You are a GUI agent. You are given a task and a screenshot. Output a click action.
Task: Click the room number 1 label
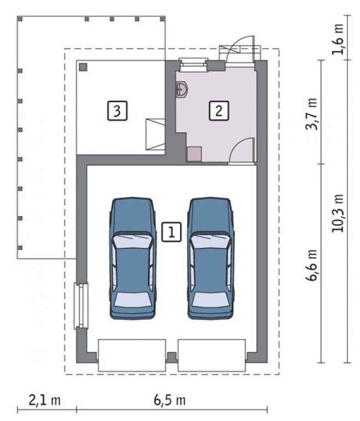tap(171, 232)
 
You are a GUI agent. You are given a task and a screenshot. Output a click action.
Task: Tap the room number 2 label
tap(219, 110)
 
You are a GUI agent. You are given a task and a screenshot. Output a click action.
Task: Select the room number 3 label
tap(117, 110)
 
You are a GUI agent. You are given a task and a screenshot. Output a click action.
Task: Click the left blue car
tap(132, 258)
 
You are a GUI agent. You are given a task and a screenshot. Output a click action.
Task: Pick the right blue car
tap(210, 258)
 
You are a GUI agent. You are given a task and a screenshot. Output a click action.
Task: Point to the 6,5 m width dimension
tap(169, 401)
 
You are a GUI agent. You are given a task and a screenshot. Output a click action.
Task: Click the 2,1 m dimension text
tap(45, 401)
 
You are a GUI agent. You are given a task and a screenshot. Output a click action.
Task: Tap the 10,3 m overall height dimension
tap(338, 213)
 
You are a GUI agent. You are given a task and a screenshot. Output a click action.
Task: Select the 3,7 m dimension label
tap(312, 114)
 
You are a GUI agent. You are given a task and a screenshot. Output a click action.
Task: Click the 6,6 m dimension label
tap(312, 266)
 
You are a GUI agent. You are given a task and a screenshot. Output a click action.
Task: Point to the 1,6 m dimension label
tap(338, 39)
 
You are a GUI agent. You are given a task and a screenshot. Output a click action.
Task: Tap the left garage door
tap(132, 355)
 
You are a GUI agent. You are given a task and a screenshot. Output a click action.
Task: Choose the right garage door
tap(212, 355)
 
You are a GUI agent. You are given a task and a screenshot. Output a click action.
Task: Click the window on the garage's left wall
tap(81, 306)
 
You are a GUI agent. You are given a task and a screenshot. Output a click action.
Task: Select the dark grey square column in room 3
tap(83, 67)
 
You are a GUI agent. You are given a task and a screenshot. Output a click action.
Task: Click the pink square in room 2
tap(194, 154)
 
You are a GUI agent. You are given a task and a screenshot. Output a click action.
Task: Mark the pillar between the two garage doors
tap(172, 357)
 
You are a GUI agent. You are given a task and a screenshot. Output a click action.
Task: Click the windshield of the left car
tap(132, 241)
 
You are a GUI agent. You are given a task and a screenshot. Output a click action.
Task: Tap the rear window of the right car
tap(210, 299)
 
